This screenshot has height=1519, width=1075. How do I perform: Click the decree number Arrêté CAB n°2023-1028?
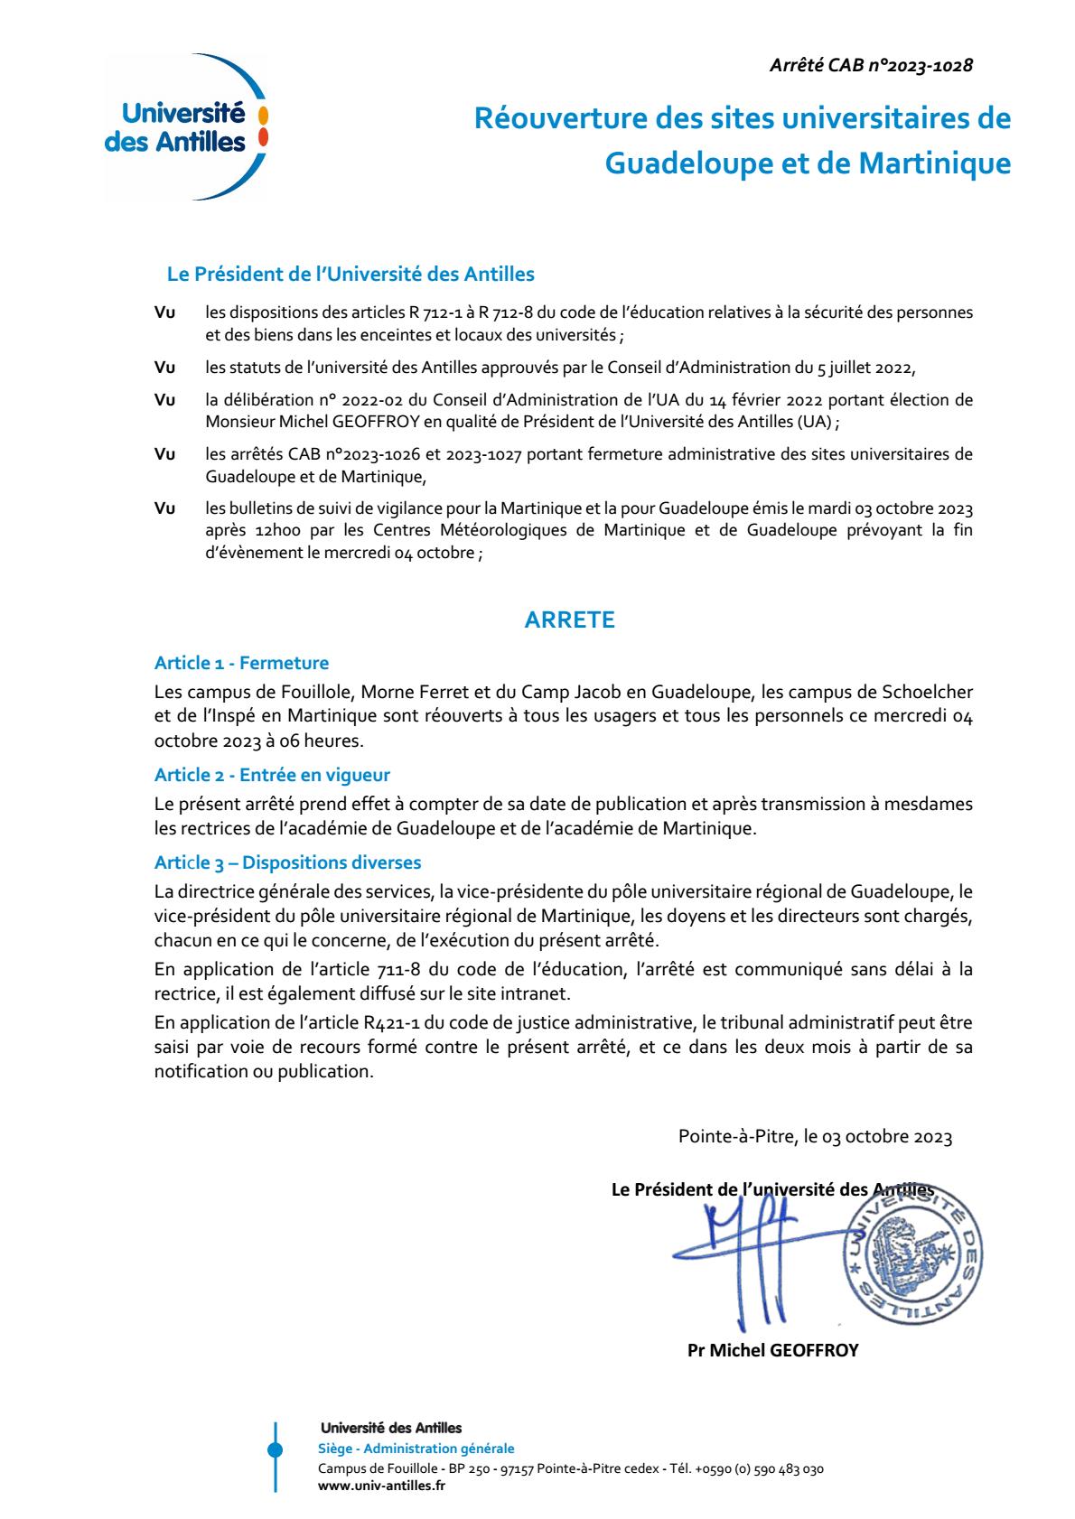(x=870, y=65)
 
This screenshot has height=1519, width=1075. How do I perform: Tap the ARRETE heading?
(x=570, y=620)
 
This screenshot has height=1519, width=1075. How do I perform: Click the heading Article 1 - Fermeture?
(x=241, y=664)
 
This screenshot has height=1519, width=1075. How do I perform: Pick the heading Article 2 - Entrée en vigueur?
(x=272, y=775)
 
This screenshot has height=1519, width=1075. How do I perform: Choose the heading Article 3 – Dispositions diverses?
(x=287, y=862)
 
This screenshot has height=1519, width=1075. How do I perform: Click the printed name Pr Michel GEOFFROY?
(x=772, y=1351)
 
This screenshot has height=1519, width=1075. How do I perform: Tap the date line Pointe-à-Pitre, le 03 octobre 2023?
(x=815, y=1137)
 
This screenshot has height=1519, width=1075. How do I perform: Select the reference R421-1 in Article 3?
(x=366, y=1024)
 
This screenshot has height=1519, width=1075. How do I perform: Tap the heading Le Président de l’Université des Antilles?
(x=351, y=274)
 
